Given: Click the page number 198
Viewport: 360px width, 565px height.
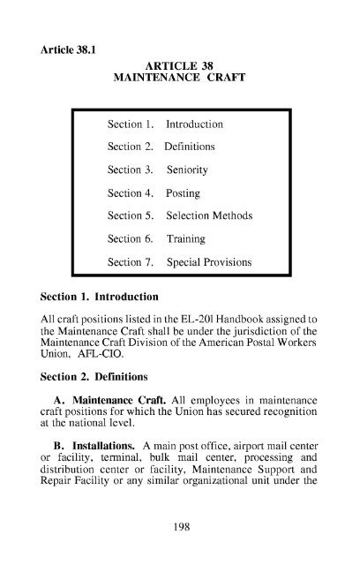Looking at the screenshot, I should (179, 527).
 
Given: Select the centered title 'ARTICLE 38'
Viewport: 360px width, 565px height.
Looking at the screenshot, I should (179, 64).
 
